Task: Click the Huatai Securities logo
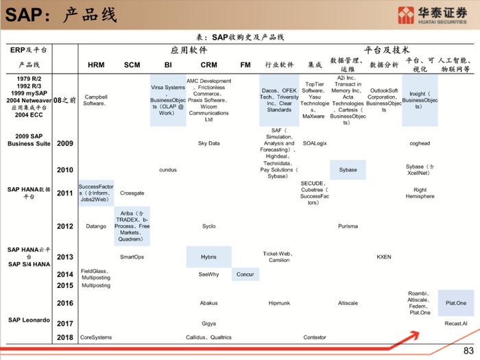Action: point(435,15)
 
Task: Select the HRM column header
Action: point(96,65)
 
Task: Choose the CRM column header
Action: point(208,65)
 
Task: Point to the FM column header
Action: point(245,65)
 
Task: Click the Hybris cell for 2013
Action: point(208,257)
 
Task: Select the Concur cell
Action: point(245,274)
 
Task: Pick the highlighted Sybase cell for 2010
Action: point(348,170)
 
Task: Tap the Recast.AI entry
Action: point(456,323)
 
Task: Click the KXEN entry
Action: point(384,257)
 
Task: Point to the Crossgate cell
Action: point(132,193)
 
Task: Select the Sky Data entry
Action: point(208,143)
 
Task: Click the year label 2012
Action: point(65,226)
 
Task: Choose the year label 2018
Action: point(65,337)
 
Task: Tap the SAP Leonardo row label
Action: point(29,320)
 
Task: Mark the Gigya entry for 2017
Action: point(208,323)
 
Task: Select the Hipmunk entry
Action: point(279,302)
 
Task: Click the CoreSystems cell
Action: point(96,337)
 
